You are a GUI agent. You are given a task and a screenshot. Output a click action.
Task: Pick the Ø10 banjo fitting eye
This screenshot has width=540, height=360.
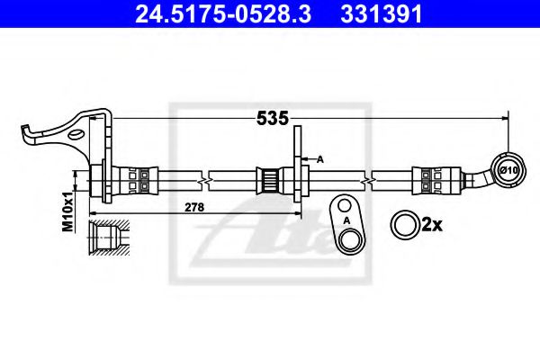pyautogui.click(x=505, y=168)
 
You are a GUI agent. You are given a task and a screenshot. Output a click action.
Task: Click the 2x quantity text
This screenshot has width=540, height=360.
pyautogui.click(x=433, y=224)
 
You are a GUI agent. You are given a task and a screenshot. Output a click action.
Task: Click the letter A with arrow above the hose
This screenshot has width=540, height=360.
pyautogui.click(x=319, y=157)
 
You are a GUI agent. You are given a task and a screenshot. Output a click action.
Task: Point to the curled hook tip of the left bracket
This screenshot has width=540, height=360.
pyautogui.click(x=27, y=135)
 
